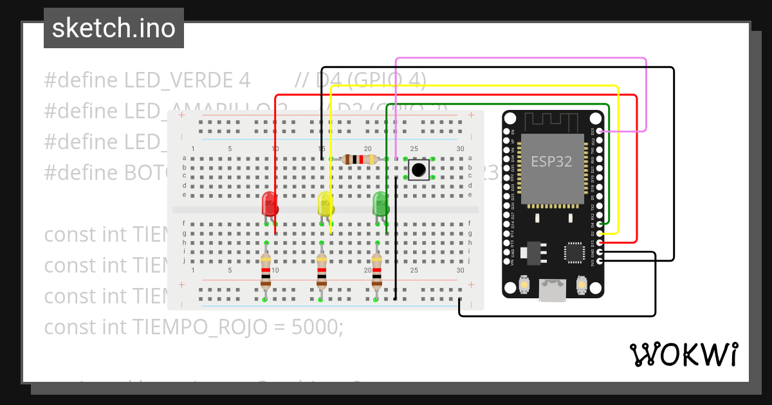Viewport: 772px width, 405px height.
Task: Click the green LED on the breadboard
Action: pos(381,204)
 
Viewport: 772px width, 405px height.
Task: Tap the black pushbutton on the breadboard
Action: pos(419,170)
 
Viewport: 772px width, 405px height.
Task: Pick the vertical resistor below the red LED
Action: pos(266,271)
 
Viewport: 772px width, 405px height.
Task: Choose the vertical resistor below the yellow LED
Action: pos(321,271)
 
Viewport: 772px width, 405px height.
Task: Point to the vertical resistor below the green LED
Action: pos(376,271)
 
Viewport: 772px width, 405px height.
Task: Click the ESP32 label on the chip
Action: pos(551,161)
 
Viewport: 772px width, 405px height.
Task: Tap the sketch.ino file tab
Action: pos(114,28)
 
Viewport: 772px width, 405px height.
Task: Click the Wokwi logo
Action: pos(683,354)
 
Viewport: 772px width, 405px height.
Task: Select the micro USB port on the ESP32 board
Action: pos(553,290)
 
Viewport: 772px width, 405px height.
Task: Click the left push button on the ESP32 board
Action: pos(524,285)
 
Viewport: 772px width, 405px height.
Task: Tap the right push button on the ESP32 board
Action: pos(581,285)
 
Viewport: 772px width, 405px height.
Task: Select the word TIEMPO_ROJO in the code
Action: pos(199,327)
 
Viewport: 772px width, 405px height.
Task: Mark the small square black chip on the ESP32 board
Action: pos(574,252)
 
